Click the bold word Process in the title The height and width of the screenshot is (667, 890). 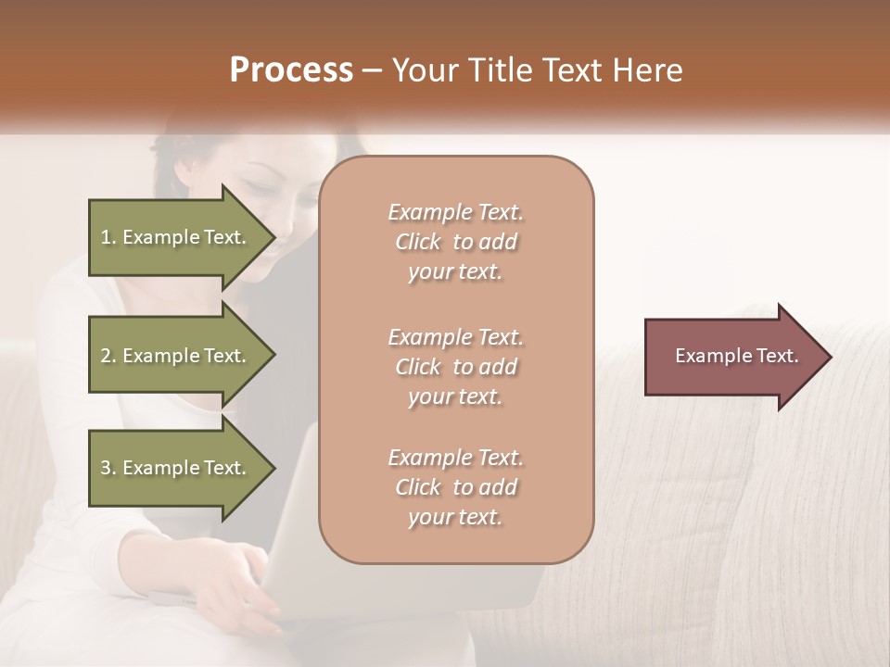(291, 70)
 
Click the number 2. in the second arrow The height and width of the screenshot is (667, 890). (108, 356)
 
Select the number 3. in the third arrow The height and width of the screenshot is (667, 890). (108, 468)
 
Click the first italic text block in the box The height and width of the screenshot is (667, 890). (455, 242)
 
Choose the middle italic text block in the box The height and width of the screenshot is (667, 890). (455, 367)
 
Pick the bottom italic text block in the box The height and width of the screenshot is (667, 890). (455, 487)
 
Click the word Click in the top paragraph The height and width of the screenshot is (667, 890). (418, 242)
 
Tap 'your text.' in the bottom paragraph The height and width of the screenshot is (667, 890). (455, 517)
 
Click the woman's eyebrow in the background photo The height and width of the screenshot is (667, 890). (262, 173)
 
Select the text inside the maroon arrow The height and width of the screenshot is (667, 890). (736, 356)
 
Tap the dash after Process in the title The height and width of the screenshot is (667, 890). (372, 71)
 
